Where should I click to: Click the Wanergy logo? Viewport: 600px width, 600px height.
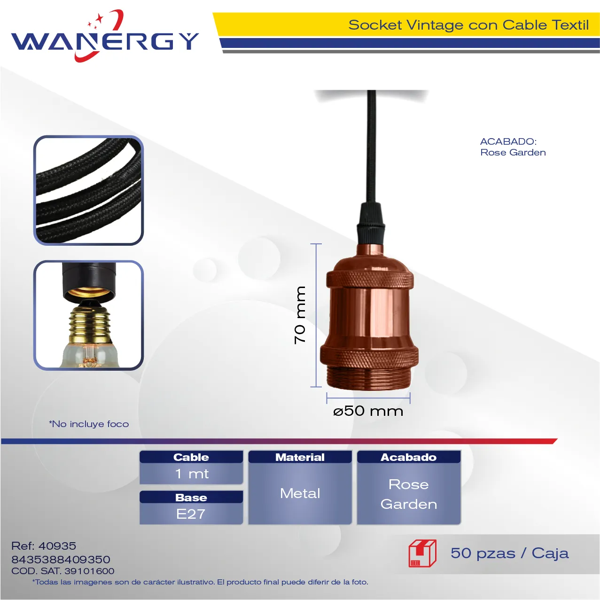[x=105, y=36]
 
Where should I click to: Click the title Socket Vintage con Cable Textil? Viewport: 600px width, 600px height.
[x=468, y=25]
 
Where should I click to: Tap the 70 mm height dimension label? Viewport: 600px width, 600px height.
[x=300, y=315]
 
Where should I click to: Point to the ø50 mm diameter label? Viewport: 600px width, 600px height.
[x=368, y=411]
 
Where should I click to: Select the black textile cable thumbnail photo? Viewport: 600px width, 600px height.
[x=88, y=190]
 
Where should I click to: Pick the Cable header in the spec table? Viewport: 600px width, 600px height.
[x=191, y=457]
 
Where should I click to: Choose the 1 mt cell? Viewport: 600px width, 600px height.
[x=191, y=474]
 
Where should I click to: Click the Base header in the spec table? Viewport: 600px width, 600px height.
[x=191, y=497]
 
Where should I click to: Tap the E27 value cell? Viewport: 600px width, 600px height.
[x=191, y=514]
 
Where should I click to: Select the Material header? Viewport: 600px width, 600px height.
[x=300, y=457]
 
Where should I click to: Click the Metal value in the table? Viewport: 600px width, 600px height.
[x=300, y=493]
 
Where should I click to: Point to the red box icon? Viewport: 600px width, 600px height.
[x=422, y=553]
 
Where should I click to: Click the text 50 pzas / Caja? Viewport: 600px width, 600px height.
[x=510, y=553]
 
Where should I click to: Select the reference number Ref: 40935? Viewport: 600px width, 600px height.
[x=44, y=546]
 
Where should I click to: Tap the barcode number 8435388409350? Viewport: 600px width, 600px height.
[x=61, y=560]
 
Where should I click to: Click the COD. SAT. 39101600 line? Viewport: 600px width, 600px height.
[x=62, y=571]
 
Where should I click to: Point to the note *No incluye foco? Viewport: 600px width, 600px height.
[x=89, y=424]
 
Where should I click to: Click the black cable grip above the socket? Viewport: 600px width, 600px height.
[x=371, y=224]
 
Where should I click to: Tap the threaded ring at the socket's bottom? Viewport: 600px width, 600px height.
[x=369, y=378]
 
